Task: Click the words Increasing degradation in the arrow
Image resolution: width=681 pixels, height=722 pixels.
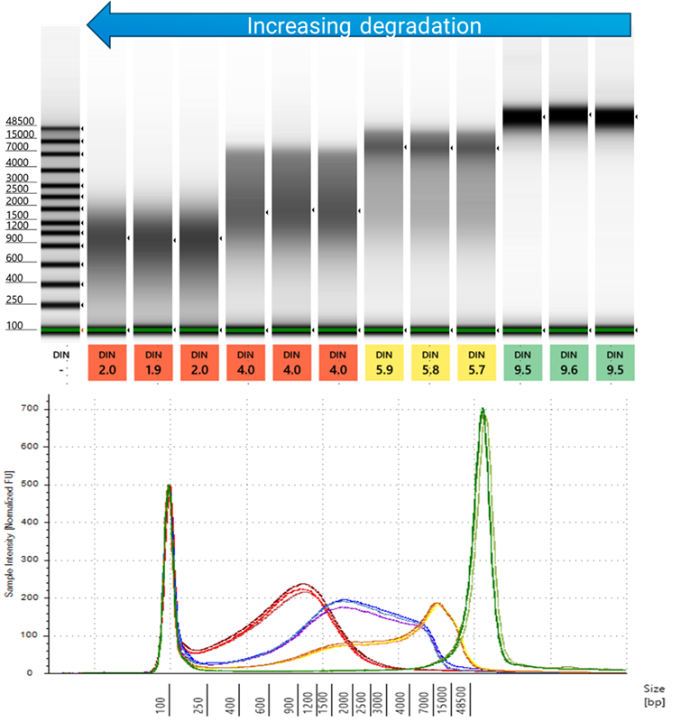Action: tap(364, 26)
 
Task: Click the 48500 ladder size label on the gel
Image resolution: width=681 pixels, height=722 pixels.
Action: tap(20, 121)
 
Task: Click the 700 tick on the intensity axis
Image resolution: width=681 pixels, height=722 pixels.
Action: tap(36, 410)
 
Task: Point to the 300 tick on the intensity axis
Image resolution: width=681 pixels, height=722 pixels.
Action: tap(36, 560)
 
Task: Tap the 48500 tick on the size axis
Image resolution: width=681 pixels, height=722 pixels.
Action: tap(465, 700)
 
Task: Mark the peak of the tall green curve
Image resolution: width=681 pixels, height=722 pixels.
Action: tap(483, 410)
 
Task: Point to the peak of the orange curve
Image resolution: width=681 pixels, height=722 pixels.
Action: tap(437, 603)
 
